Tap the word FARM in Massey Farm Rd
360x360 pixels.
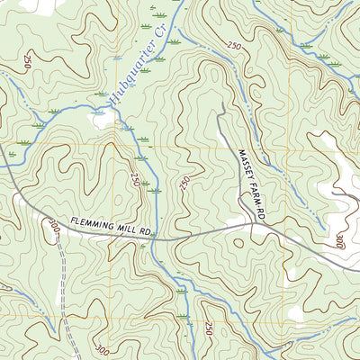pyautogui.click(x=253, y=196)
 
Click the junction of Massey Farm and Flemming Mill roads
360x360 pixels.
pyautogui.click(x=254, y=226)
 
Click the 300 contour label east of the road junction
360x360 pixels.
pyautogui.click(x=338, y=241)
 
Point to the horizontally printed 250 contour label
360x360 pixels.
pyautogui.click(x=236, y=45)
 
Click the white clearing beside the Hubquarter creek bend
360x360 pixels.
pyautogui.click(x=99, y=117)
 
